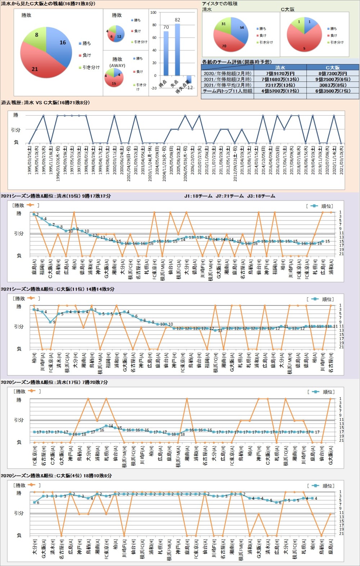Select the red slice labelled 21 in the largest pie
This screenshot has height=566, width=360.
pyautogui.click(x=38, y=65)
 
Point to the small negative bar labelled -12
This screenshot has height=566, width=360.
pyautogui.click(x=189, y=79)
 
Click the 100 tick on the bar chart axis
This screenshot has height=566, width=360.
pyautogui.click(x=153, y=13)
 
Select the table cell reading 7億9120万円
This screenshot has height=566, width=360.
pyautogui.click(x=280, y=73)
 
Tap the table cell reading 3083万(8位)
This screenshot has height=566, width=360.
pyautogui.click(x=333, y=85)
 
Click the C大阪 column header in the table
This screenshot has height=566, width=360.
pyautogui.click(x=333, y=68)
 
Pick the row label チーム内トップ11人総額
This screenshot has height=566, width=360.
pyautogui.click(x=228, y=91)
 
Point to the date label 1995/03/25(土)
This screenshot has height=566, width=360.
pyautogui.click(x=30, y=160)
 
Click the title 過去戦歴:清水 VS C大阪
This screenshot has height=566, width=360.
pyautogui.click(x=45, y=103)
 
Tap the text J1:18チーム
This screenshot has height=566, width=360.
pyautogui.click(x=198, y=196)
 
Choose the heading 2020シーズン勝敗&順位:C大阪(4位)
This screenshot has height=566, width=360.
pyautogui.click(x=56, y=476)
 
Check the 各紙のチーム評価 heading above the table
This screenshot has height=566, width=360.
pyautogui.click(x=237, y=62)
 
